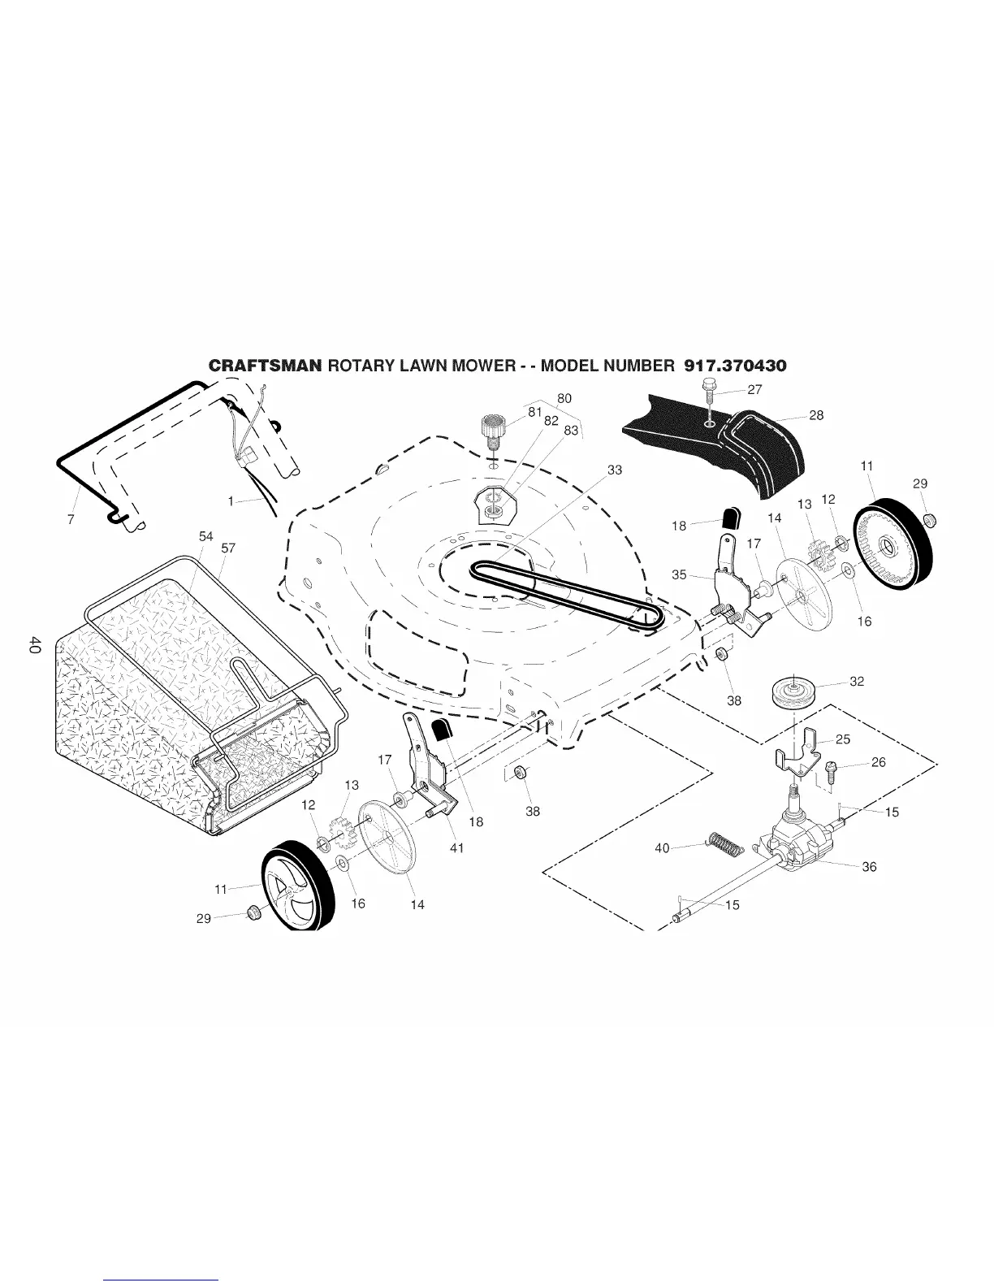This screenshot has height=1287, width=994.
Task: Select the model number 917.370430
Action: point(735,366)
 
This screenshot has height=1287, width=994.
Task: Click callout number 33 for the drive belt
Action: point(615,470)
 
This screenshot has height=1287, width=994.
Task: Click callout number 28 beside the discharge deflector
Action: point(816,415)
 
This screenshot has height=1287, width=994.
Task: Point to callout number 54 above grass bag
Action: point(206,537)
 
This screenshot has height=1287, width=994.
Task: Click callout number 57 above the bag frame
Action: point(228,548)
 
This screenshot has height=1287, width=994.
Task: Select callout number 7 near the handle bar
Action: point(71,520)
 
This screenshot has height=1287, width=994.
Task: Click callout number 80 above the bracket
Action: point(564,398)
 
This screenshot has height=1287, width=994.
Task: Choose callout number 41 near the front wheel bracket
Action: point(456,847)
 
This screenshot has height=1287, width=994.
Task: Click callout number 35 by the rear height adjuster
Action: point(680,574)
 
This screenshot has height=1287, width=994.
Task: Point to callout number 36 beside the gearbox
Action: point(869,867)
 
